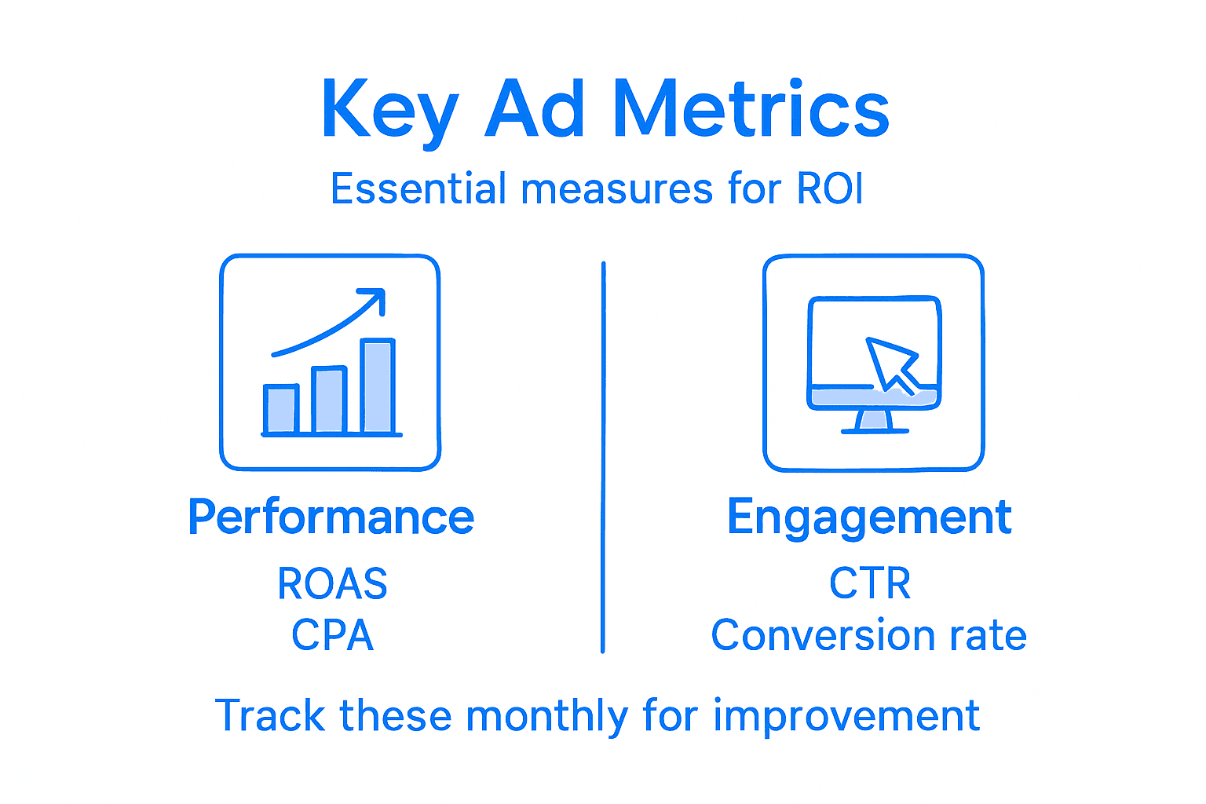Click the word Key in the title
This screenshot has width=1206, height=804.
pyautogui.click(x=389, y=110)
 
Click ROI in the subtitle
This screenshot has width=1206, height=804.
pyautogui.click(x=830, y=189)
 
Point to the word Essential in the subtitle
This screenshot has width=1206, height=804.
pyautogui.click(x=418, y=189)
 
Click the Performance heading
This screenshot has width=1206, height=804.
pyautogui.click(x=331, y=517)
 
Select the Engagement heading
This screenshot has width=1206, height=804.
pyautogui.click(x=869, y=518)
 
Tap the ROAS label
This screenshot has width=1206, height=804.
pyautogui.click(x=332, y=583)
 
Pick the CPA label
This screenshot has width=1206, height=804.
pyautogui.click(x=332, y=635)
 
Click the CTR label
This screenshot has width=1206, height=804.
pyautogui.click(x=870, y=583)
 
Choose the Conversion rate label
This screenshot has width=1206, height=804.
pyautogui.click(x=868, y=635)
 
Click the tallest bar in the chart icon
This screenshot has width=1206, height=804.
pyautogui.click(x=378, y=386)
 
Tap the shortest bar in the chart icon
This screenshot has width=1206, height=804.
pyautogui.click(x=281, y=409)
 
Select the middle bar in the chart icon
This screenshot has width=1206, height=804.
pyautogui.click(x=329, y=400)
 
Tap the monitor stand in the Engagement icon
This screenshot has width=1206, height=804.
pyautogui.click(x=874, y=422)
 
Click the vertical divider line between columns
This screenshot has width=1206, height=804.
pyautogui.click(x=603, y=455)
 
